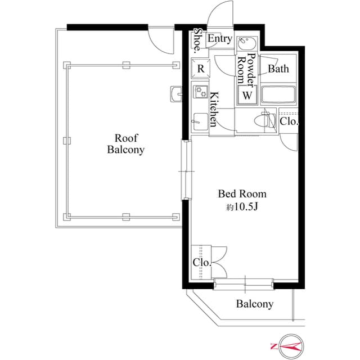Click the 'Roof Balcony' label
click(x=126, y=144)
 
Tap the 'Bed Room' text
click(x=242, y=194)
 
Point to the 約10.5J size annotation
click(x=242, y=207)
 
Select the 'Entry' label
click(x=219, y=39)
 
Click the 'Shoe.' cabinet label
click(x=198, y=40)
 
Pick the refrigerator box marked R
click(x=201, y=69)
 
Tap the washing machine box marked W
click(x=247, y=96)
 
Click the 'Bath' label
click(x=278, y=69)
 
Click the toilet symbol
click(x=263, y=120)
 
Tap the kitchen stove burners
click(x=200, y=92)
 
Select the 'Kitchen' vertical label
click(x=214, y=109)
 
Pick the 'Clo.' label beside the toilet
click(x=290, y=121)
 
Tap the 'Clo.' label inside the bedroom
click(x=201, y=263)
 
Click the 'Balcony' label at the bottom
click(x=254, y=304)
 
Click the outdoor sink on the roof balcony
click(x=174, y=93)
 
